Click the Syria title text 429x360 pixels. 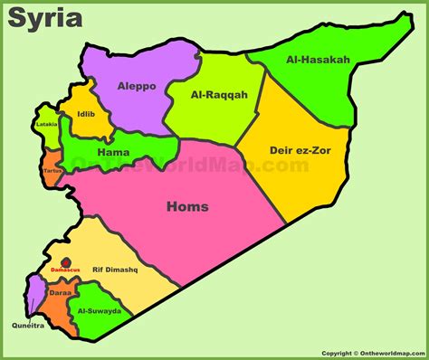(45, 18)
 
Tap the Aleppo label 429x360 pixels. (137, 86)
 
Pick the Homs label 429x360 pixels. (187, 207)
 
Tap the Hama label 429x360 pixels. (113, 153)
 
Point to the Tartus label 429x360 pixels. (52, 170)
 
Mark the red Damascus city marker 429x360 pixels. (66, 261)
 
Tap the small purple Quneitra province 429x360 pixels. (34, 294)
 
